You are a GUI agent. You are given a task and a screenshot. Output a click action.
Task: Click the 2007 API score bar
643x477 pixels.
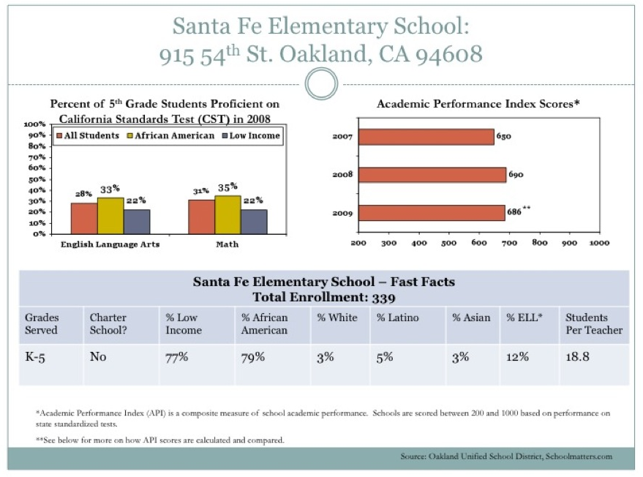(426, 137)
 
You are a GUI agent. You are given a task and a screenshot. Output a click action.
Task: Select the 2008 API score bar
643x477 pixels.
(432, 175)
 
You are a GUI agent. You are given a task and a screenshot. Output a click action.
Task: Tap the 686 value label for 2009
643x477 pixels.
(514, 211)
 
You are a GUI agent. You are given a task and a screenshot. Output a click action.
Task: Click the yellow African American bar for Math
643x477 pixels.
(228, 214)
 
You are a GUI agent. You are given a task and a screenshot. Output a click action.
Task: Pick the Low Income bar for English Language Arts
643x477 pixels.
(137, 222)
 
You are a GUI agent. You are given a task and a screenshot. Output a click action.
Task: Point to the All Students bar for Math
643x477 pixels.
(202, 217)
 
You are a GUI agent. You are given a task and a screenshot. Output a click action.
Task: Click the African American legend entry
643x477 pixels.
(170, 136)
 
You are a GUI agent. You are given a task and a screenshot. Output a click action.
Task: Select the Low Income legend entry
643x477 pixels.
(251, 136)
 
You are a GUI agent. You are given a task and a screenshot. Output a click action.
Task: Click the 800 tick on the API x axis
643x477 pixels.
(540, 242)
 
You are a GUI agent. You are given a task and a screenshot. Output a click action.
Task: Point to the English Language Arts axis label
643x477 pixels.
(110, 244)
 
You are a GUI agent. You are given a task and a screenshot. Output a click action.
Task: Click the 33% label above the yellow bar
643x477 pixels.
(110, 189)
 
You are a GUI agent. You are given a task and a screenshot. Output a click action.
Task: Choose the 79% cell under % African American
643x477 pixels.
(253, 357)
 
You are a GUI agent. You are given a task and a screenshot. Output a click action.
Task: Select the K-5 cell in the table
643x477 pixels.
(35, 357)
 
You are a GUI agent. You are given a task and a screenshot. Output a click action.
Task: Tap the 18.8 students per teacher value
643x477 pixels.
(577, 356)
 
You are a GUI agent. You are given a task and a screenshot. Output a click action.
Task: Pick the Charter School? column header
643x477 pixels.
(108, 323)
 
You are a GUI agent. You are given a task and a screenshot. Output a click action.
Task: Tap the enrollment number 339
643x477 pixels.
(384, 297)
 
